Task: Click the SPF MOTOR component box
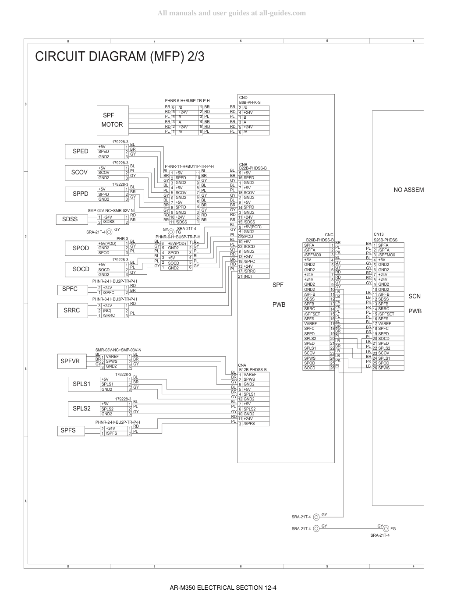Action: pyautogui.click(x=113, y=120)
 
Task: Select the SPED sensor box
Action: pyautogui.click(x=81, y=151)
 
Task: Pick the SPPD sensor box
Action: pyautogui.click(x=81, y=194)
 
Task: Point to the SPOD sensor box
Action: pyautogui.click(x=81, y=248)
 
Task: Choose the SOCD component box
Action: pyautogui.click(x=81, y=269)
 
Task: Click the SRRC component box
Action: pyautogui.click(x=73, y=310)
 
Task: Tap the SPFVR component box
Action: pyautogui.click(x=72, y=361)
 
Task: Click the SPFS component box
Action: pyautogui.click(x=71, y=431)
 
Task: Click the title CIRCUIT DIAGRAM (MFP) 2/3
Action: pyautogui.click(x=120, y=57)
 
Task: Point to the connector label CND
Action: pyautogui.click(x=243, y=98)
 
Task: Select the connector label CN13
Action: pyautogui.click(x=379, y=234)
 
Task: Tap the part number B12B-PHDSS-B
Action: pyautogui.click(x=253, y=369)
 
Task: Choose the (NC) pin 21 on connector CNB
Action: pyautogui.click(x=248, y=276)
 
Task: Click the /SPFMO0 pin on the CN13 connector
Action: pyautogui.click(x=386, y=255)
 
